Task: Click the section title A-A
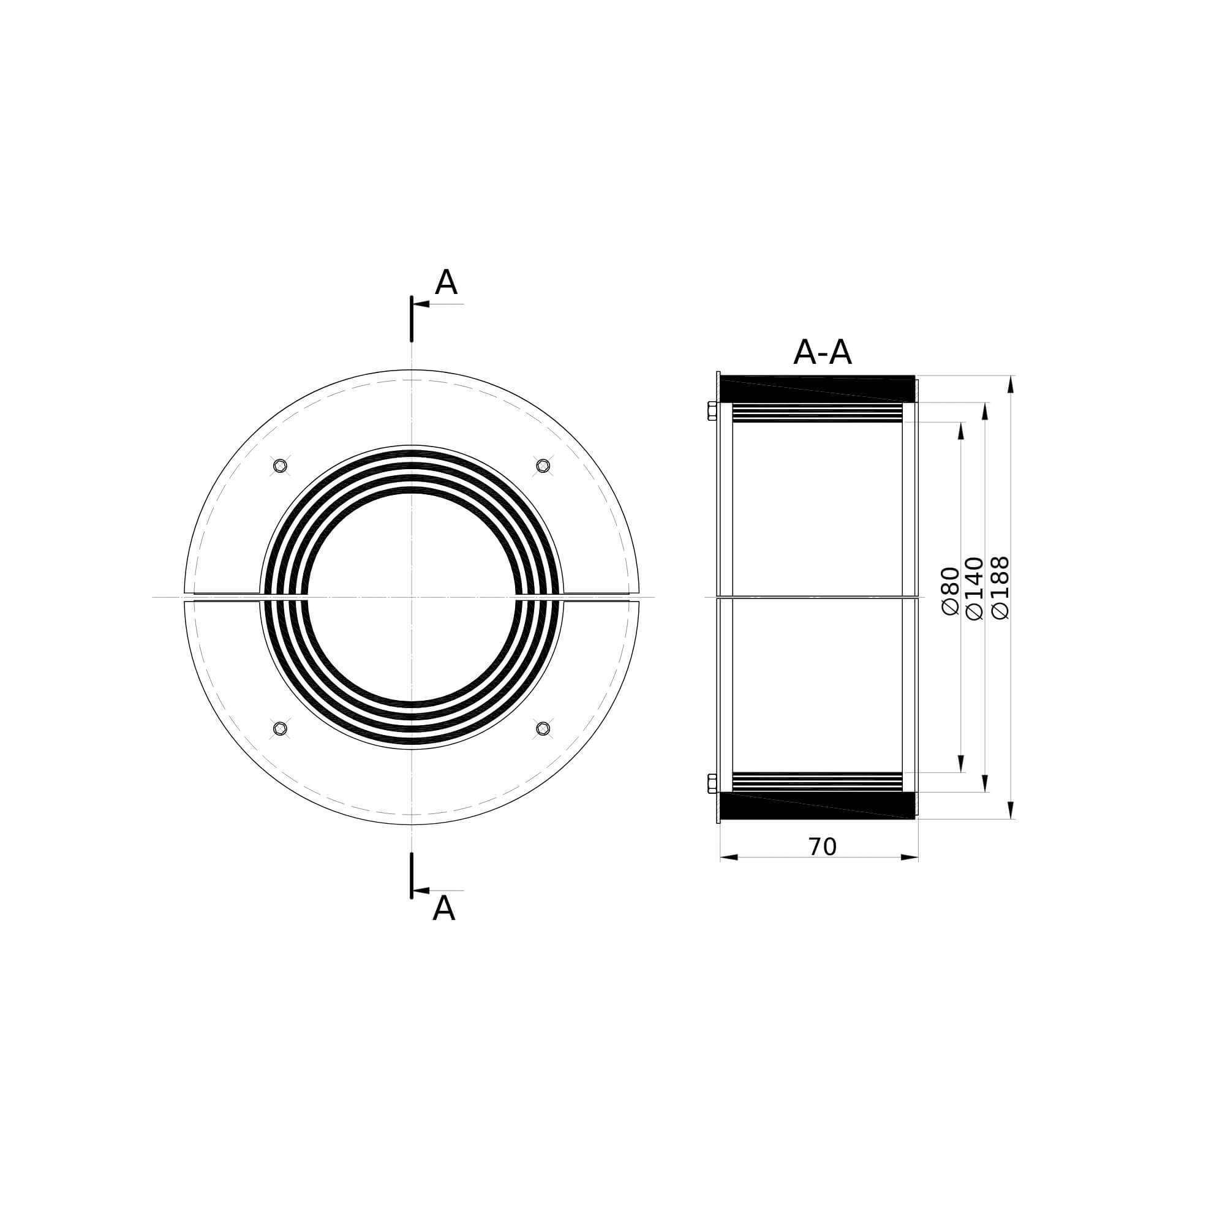click(x=822, y=353)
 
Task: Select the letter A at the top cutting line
click(x=446, y=283)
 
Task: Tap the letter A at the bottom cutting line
click(x=443, y=910)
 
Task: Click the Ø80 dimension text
click(x=951, y=591)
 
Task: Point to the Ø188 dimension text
click(x=1000, y=588)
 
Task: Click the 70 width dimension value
click(x=822, y=847)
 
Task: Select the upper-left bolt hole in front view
click(x=280, y=466)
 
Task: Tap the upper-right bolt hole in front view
click(x=543, y=466)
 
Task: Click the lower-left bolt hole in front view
click(x=280, y=728)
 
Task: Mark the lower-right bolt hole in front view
click(x=543, y=728)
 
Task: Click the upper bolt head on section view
click(x=712, y=410)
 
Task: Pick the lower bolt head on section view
click(x=712, y=784)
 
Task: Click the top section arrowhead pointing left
click(x=421, y=304)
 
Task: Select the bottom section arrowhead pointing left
click(x=421, y=890)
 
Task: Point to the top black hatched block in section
click(x=818, y=388)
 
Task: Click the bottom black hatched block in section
click(x=818, y=806)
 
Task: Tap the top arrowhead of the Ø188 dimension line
click(x=1011, y=384)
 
